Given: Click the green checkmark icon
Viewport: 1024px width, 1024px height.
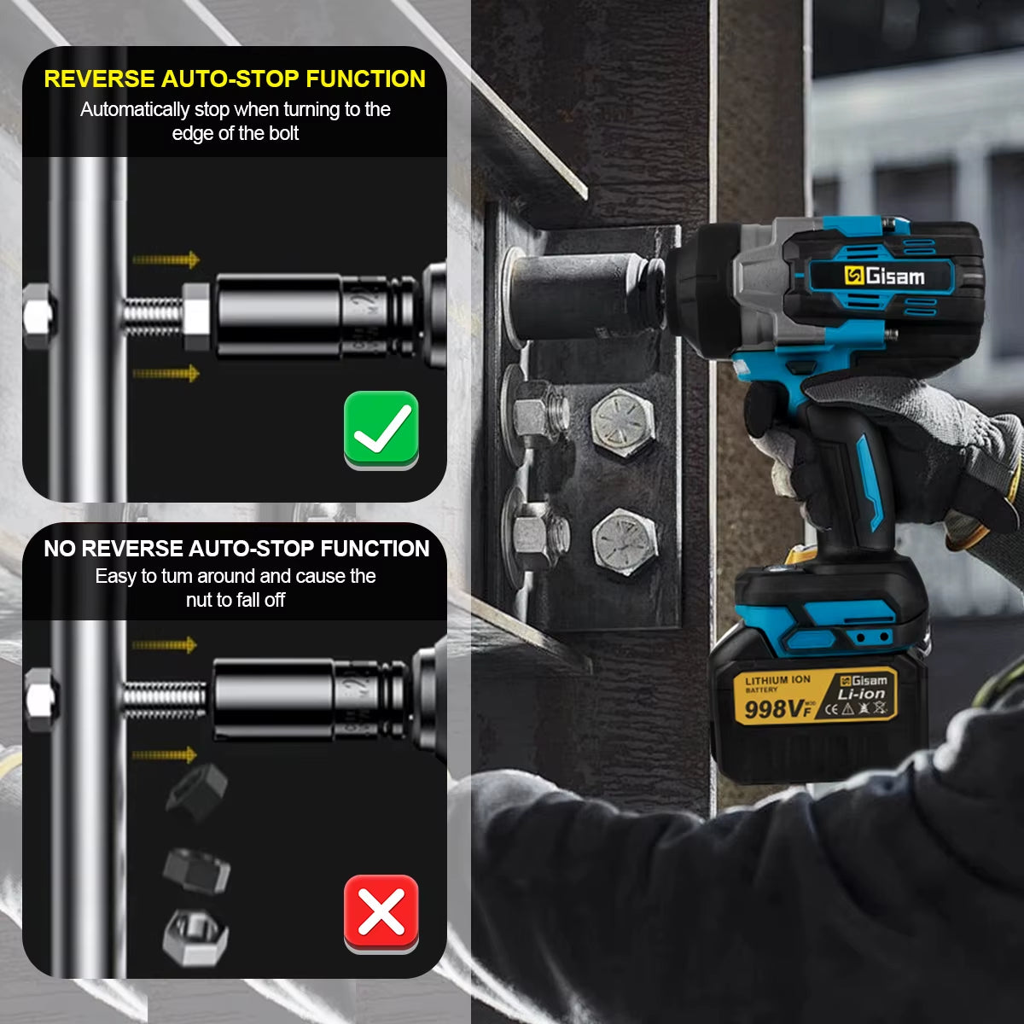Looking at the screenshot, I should [x=381, y=429].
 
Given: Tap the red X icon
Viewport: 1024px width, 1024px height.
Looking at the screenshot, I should [x=381, y=913].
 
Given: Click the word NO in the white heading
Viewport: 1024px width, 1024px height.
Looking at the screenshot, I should [x=59, y=549].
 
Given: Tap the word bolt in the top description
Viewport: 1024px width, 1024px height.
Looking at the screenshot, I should [x=282, y=133].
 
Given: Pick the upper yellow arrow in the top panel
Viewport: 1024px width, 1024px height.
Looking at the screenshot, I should [x=166, y=259].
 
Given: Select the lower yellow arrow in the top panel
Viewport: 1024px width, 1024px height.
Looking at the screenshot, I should [x=166, y=373].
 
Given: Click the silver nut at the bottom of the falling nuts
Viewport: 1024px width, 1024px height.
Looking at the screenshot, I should [x=195, y=936].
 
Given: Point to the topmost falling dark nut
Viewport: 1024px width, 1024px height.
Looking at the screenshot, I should [x=196, y=790].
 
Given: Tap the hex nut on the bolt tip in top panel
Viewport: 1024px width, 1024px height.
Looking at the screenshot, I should [x=196, y=316].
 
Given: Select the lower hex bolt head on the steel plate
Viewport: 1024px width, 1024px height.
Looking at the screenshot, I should [x=625, y=541].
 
